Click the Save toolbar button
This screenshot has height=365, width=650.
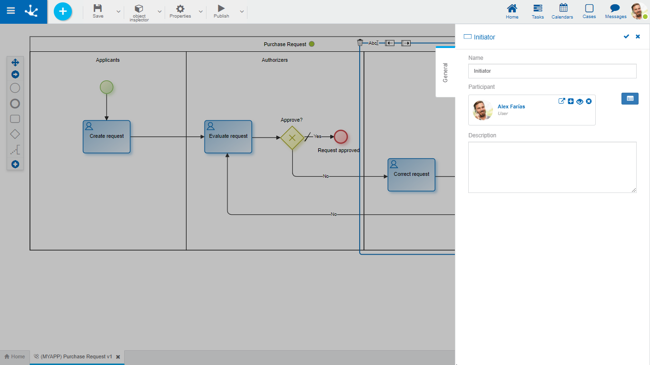(x=98, y=11)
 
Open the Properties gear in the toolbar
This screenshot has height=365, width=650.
(x=180, y=11)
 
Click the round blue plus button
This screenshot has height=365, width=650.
(x=63, y=11)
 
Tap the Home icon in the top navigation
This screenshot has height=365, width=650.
(x=512, y=11)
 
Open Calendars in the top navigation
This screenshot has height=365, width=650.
(x=562, y=11)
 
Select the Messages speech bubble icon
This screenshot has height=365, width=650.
(x=615, y=11)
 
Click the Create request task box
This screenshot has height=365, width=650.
(x=107, y=137)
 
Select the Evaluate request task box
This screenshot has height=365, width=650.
(x=228, y=137)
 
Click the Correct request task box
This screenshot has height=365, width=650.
(x=412, y=175)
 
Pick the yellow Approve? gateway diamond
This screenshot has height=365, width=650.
(x=292, y=138)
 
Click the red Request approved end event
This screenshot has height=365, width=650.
(x=341, y=137)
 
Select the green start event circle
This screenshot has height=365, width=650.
(x=107, y=87)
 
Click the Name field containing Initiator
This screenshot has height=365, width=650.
(x=552, y=71)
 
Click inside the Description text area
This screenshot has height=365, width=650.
(x=552, y=167)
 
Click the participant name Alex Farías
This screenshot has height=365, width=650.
(x=511, y=106)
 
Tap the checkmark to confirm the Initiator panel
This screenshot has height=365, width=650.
(x=626, y=37)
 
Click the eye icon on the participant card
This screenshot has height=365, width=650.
(x=580, y=101)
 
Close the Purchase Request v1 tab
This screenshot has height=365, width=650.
(x=118, y=357)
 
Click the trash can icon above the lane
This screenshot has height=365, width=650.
(x=360, y=43)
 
